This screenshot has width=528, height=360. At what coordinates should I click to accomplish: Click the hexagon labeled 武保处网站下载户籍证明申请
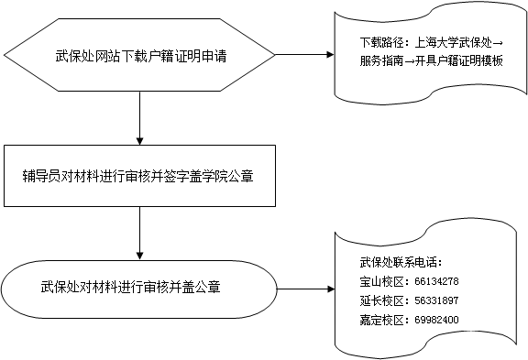coord(139,55)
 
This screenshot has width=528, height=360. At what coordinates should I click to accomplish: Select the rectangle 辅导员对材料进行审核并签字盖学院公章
coord(139,176)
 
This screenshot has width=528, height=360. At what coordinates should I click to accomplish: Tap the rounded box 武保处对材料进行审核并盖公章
coord(138,289)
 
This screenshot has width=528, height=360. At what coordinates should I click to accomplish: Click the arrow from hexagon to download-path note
coord(304,55)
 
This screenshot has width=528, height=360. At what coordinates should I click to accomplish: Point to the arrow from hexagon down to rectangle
coord(139,118)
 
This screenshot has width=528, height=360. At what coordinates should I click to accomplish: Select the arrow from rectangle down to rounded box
coord(139,234)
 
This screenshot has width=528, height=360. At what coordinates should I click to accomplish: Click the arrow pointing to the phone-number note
coord(305,289)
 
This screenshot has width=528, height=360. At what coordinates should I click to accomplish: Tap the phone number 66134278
coord(436,281)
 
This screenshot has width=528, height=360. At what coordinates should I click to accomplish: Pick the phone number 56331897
coord(436,300)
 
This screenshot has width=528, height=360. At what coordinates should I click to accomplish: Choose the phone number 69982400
coord(436,320)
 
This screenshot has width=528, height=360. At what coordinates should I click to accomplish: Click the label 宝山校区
coord(381,281)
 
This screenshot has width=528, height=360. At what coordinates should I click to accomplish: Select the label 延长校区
coord(381,300)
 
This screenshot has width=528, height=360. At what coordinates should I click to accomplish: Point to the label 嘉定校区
coord(381,320)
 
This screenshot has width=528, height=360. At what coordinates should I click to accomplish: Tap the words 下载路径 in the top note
coord(381,43)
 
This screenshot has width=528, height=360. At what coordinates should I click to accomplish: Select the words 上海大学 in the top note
coord(436,43)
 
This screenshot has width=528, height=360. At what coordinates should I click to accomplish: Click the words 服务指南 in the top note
coord(381,60)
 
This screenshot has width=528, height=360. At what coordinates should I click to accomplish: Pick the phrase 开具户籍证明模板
coord(459,60)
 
